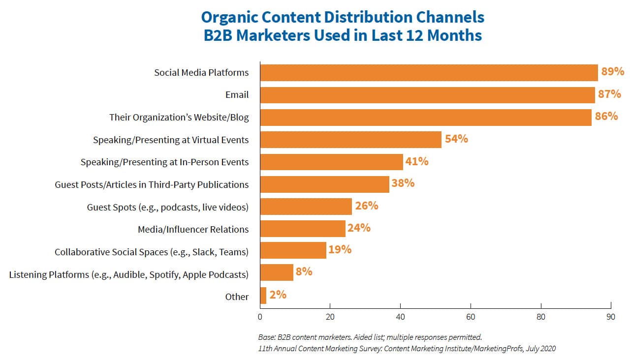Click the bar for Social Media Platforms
pos(429,72)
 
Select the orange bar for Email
pos(427,95)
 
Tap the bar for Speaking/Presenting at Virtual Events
pos(350,140)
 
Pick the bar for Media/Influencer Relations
pos(303,229)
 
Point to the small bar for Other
pos(263,296)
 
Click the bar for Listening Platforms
pos(277,272)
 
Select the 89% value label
pos(612,72)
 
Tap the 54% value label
pos(456,139)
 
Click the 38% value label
pos(403,183)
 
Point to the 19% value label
pos(340,250)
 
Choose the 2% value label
pos(278,295)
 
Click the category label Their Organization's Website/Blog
pos(179,118)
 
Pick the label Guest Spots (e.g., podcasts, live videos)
pos(168,207)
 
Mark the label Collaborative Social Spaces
pos(151,252)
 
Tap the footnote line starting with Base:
pos(370,337)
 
